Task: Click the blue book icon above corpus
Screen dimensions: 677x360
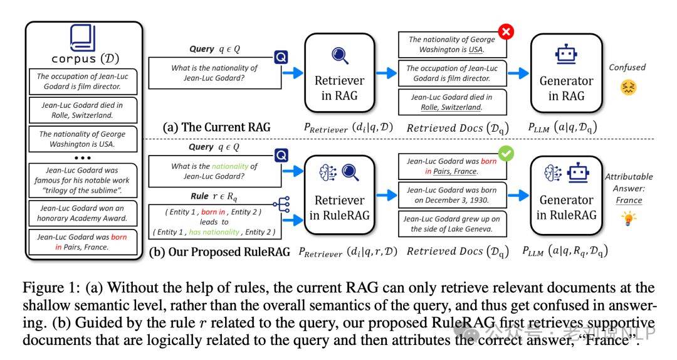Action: tap(83, 38)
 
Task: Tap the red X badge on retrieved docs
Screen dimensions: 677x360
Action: tap(506, 31)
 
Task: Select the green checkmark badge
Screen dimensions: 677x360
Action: tap(506, 154)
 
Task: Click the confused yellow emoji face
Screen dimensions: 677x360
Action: tap(628, 87)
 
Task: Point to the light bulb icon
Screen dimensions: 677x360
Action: tap(629, 218)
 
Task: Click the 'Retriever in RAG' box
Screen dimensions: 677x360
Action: tap(339, 73)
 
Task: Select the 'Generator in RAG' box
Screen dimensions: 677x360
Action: tap(566, 73)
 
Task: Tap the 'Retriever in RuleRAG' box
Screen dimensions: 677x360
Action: tap(339, 195)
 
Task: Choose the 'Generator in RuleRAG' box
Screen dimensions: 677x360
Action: tap(566, 196)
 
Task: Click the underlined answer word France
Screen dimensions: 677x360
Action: tap(629, 200)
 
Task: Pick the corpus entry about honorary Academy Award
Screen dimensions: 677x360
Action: tap(83, 213)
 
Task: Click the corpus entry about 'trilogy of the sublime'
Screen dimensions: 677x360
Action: tap(83, 180)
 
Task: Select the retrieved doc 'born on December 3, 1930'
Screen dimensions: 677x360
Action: tap(452, 195)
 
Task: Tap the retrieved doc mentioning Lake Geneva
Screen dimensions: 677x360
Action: tap(452, 224)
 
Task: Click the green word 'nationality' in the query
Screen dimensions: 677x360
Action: tap(230, 166)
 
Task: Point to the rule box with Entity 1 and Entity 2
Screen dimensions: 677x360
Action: tap(214, 221)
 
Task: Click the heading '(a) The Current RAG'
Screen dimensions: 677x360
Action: tap(216, 127)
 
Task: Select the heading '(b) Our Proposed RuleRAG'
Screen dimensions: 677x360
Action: tap(219, 252)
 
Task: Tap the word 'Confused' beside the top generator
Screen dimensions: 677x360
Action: tap(627, 67)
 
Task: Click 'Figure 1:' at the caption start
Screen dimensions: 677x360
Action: tap(51, 289)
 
